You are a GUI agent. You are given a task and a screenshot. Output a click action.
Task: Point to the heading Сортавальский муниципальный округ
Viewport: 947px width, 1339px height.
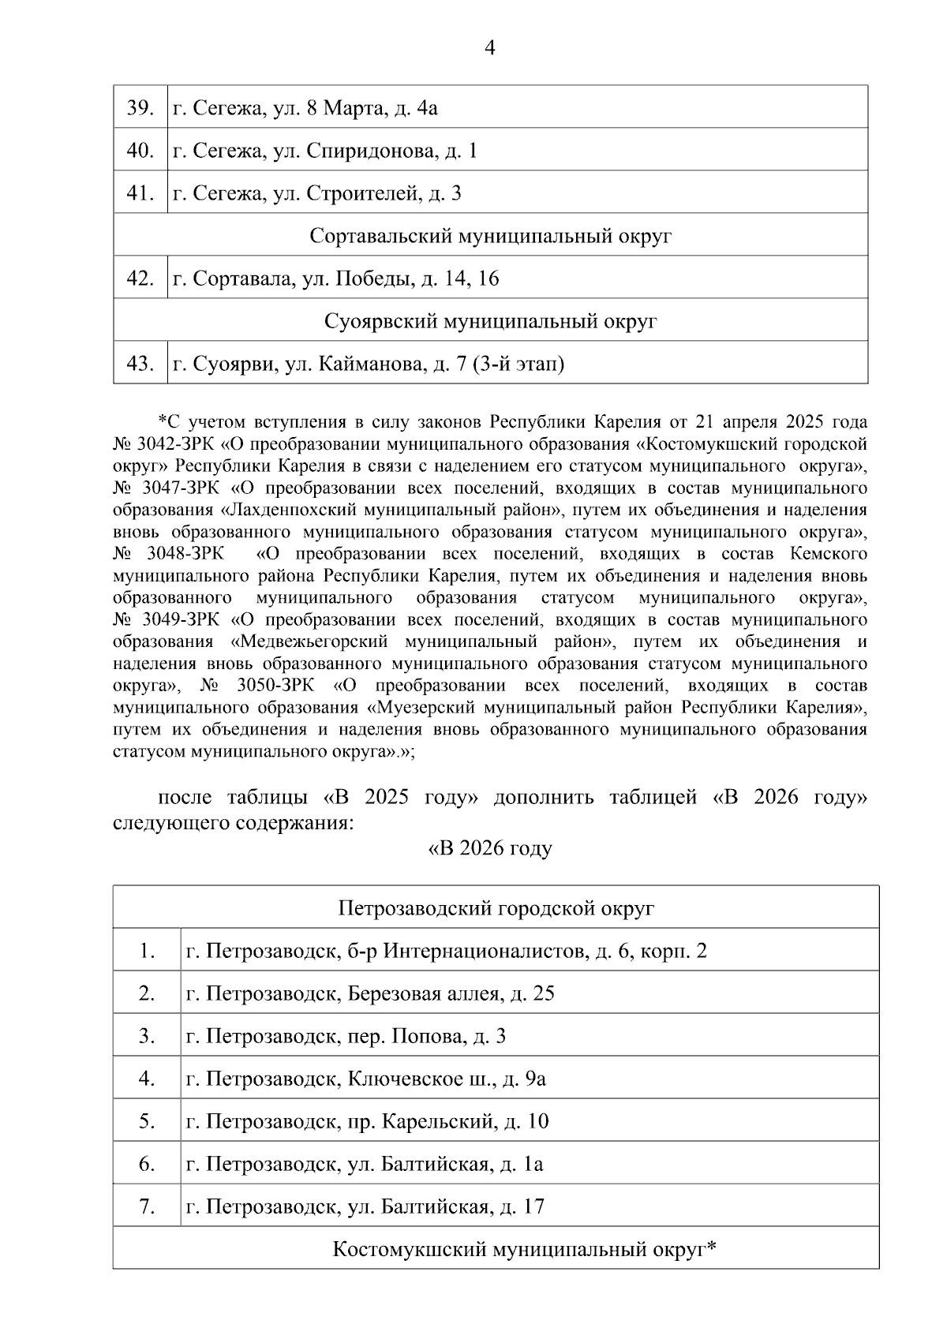[490, 236]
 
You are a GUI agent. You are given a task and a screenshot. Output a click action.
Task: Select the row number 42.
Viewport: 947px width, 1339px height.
[140, 279]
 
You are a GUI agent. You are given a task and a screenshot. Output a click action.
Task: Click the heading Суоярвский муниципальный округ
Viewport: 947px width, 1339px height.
[490, 321]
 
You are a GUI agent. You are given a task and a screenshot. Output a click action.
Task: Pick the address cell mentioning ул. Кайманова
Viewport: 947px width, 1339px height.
[369, 364]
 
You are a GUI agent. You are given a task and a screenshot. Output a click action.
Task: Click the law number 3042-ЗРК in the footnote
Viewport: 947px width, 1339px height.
[174, 443]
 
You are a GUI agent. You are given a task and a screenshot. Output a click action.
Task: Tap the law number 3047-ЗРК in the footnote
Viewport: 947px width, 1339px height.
[174, 488]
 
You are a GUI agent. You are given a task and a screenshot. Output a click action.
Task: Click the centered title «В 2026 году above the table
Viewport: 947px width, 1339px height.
[489, 849]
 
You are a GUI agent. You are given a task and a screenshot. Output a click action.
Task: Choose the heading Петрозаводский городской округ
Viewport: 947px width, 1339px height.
[496, 908]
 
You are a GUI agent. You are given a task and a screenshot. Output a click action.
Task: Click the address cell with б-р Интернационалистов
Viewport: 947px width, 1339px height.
[447, 951]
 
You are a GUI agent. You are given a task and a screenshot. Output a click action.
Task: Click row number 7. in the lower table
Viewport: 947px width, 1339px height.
[147, 1206]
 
